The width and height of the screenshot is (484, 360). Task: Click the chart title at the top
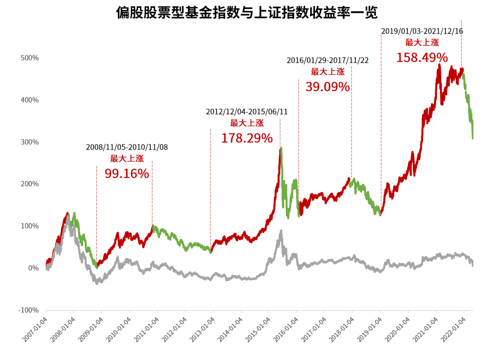(x=247, y=13)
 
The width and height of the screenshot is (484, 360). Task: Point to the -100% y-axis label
(x=28, y=310)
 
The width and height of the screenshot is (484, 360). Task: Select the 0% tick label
(x=33, y=268)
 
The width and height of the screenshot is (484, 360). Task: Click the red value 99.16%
(x=127, y=173)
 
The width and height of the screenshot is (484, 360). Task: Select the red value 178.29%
(x=246, y=138)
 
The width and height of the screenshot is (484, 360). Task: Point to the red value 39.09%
(x=328, y=87)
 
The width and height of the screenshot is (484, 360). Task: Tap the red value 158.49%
(x=422, y=57)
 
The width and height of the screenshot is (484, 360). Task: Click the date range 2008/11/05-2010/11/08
(x=127, y=147)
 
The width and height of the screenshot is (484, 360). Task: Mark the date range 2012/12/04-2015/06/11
(x=246, y=112)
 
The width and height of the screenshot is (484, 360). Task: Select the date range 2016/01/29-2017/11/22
(x=328, y=60)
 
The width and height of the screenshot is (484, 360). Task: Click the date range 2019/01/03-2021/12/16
(x=422, y=31)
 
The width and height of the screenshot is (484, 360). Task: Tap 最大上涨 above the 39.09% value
(x=328, y=72)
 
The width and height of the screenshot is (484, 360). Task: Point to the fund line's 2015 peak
(x=281, y=148)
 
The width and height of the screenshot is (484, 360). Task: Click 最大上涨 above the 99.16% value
(x=127, y=158)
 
